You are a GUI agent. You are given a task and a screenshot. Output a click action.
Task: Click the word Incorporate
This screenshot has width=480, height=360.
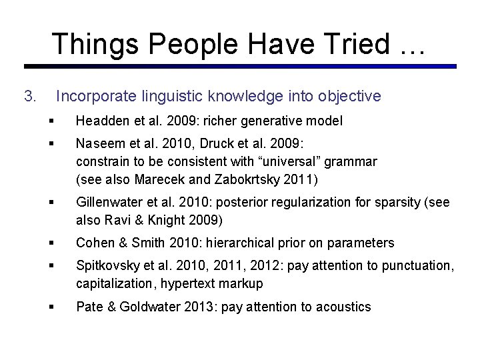coord(98,97)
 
